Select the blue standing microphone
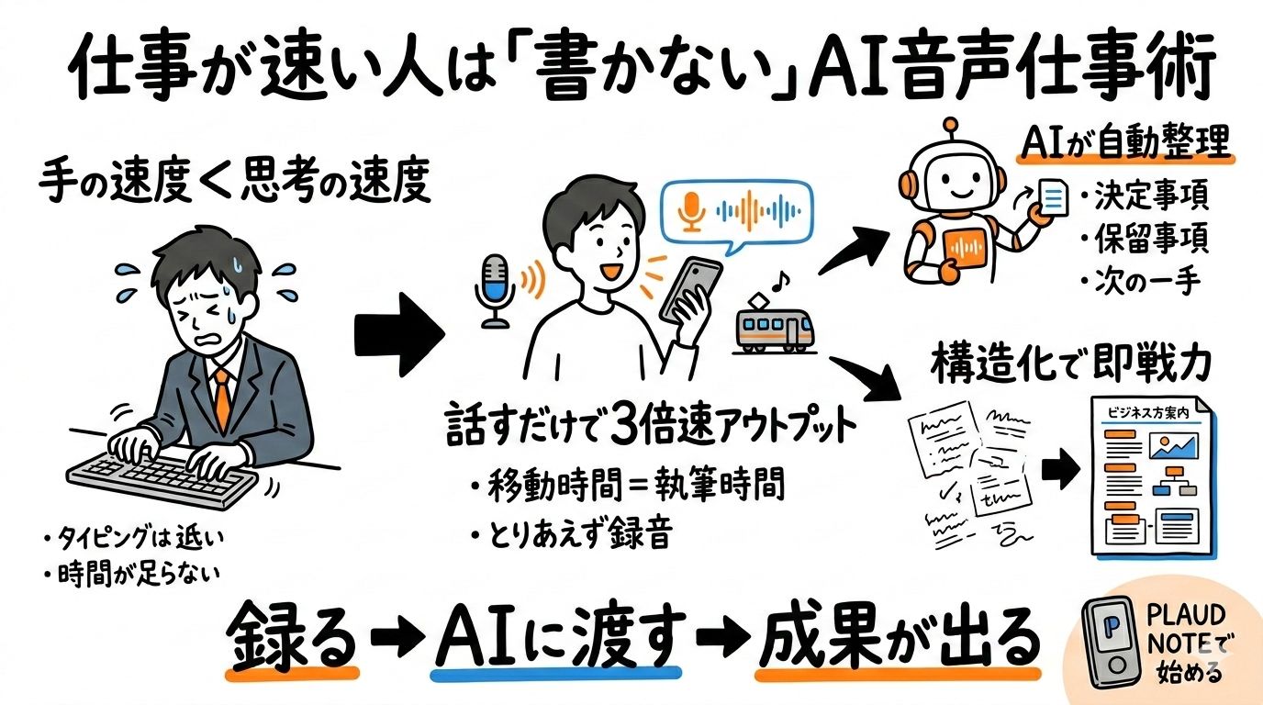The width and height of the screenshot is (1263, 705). point(497,288)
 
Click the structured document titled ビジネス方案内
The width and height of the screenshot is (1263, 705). point(1153,477)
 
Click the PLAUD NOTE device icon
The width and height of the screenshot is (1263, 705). point(1113,642)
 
